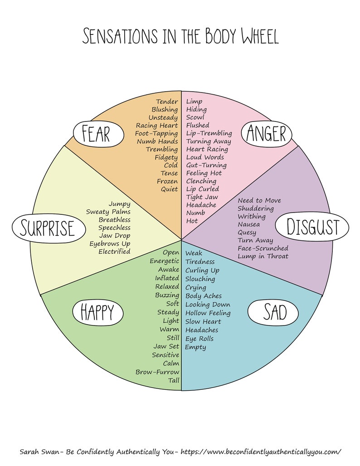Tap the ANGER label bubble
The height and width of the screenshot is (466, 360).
(x=266, y=134)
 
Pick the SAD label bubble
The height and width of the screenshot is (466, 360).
(x=273, y=312)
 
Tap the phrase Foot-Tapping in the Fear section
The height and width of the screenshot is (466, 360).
(x=156, y=133)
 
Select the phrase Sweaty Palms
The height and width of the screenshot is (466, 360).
(x=108, y=212)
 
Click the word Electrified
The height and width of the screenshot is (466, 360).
(x=114, y=252)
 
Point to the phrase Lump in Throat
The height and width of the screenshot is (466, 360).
(x=263, y=257)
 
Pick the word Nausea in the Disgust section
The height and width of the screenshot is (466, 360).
(x=249, y=224)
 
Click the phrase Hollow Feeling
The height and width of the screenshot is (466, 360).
(x=208, y=313)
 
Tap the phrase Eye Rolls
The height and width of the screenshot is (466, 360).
(x=199, y=339)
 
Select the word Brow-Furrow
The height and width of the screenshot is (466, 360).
(x=157, y=372)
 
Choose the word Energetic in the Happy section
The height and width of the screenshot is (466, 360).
(x=165, y=261)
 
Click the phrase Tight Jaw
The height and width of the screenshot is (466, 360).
(x=202, y=197)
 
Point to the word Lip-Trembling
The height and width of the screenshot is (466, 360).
(x=209, y=133)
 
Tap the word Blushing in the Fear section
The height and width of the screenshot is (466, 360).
(x=165, y=109)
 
